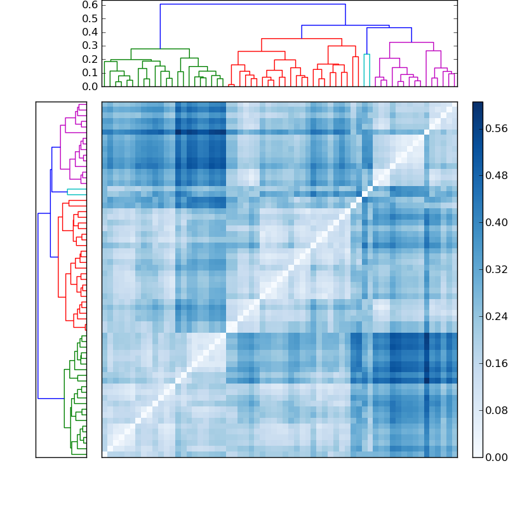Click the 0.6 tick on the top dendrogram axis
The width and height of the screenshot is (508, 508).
coord(90,4)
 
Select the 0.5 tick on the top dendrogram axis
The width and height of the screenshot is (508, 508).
coord(90,18)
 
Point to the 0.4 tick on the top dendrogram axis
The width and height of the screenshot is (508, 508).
coord(90,32)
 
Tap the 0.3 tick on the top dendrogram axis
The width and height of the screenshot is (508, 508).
coord(90,46)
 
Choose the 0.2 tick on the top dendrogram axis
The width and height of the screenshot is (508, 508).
coord(90,59)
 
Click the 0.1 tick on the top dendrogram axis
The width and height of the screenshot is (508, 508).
coord(90,73)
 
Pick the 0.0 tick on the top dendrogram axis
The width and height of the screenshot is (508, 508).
coord(90,86)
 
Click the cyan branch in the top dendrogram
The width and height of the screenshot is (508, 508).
coord(367,55)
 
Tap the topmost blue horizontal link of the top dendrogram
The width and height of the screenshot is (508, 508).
coord(253,4)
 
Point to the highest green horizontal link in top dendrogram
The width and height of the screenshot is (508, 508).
coord(160,49)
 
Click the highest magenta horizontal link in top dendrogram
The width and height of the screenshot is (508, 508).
coord(411,43)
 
